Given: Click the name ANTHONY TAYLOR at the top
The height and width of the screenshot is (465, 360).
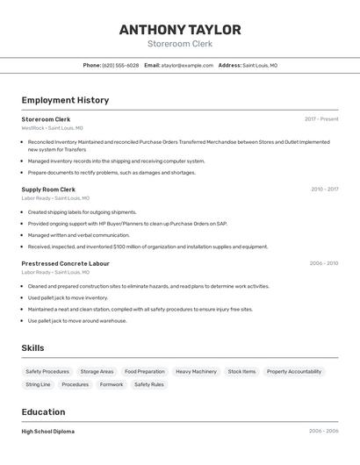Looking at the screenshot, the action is (x=180, y=30).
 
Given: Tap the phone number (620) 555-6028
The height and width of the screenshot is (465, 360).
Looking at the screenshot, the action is (x=120, y=65).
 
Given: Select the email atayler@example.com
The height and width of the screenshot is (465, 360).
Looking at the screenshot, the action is (x=188, y=65).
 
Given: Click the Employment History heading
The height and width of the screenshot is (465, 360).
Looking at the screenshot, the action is (x=65, y=100).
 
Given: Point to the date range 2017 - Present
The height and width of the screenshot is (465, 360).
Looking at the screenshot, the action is (x=321, y=119).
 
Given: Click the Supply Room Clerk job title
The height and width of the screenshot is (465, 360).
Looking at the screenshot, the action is (x=48, y=190).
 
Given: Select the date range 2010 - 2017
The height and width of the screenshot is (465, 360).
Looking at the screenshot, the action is (x=324, y=190).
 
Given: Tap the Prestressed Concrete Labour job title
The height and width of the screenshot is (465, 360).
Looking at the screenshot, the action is (x=66, y=263).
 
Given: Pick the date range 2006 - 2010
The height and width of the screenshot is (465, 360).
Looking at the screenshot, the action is (x=323, y=263).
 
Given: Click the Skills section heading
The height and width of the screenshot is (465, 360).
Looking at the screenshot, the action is (x=32, y=348).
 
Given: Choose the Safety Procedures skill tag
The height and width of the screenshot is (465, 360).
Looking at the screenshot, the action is (x=47, y=372).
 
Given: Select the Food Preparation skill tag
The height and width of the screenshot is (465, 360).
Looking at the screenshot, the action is (x=144, y=372).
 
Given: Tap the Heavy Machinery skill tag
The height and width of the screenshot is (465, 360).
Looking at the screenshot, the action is (x=196, y=372).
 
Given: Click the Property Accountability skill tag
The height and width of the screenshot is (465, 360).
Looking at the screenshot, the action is (x=293, y=372).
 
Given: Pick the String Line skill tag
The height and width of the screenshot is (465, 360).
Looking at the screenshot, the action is (x=38, y=384).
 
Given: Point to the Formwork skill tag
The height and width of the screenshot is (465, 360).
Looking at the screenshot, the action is (x=112, y=384).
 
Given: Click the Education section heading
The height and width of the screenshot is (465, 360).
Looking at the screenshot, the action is (x=43, y=411).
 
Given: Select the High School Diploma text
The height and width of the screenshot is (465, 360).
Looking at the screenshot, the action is (x=48, y=432).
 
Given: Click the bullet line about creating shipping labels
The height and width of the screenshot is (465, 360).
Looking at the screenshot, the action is (x=82, y=212).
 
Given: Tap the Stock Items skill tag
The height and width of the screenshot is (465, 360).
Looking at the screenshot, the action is (x=241, y=372).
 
